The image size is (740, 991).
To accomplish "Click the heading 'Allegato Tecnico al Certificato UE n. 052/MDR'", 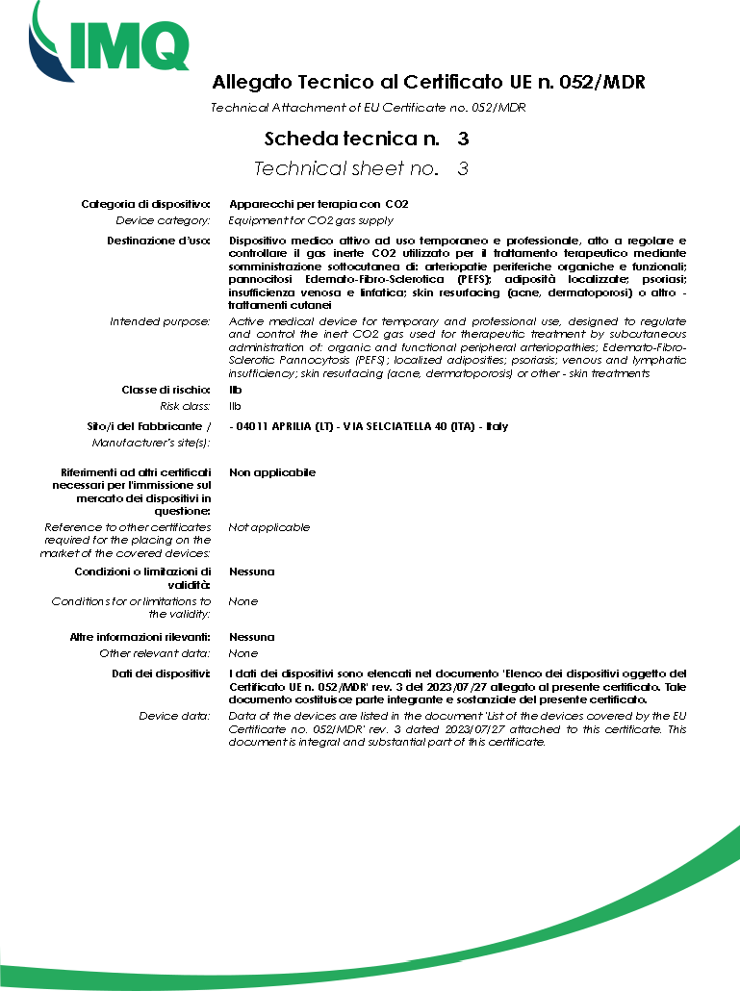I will (x=427, y=83).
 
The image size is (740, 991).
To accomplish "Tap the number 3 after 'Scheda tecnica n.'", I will (x=463, y=140).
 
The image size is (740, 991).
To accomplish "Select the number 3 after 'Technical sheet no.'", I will (x=463, y=169).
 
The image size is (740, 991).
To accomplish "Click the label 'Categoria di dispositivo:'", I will (x=145, y=204).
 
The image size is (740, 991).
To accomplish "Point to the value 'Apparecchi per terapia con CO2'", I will (x=319, y=204).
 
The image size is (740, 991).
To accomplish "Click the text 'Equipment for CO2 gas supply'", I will (x=311, y=220).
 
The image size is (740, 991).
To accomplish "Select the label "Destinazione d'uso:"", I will (x=159, y=240).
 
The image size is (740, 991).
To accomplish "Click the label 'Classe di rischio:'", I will (x=166, y=390).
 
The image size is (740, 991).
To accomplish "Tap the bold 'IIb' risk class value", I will (x=236, y=390).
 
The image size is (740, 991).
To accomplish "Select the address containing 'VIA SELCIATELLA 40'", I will (x=370, y=425).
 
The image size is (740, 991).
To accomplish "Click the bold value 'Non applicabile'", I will (x=272, y=472).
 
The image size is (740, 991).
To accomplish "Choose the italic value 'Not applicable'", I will (x=269, y=527).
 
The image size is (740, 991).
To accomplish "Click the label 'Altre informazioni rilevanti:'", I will (x=140, y=637).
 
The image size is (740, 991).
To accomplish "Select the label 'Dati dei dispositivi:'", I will (x=161, y=673).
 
